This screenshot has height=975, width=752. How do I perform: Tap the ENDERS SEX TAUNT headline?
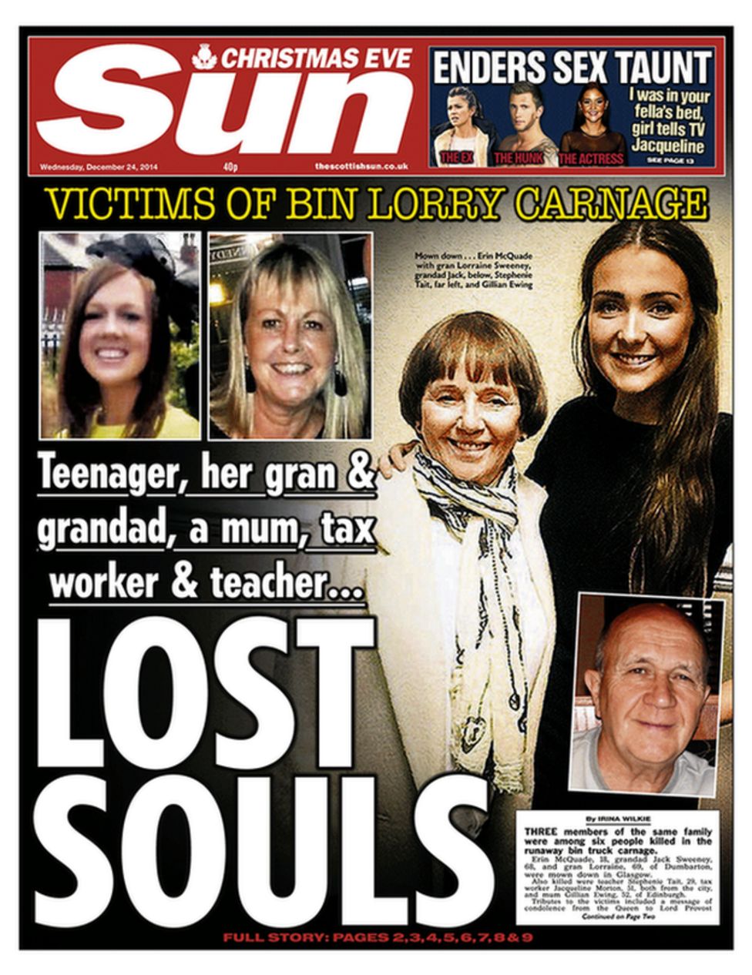pos(571,68)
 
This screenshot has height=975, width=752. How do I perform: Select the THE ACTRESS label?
pos(591,159)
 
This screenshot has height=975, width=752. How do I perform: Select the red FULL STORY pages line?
pos(378,938)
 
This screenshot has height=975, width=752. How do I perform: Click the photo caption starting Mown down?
pos(474,270)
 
